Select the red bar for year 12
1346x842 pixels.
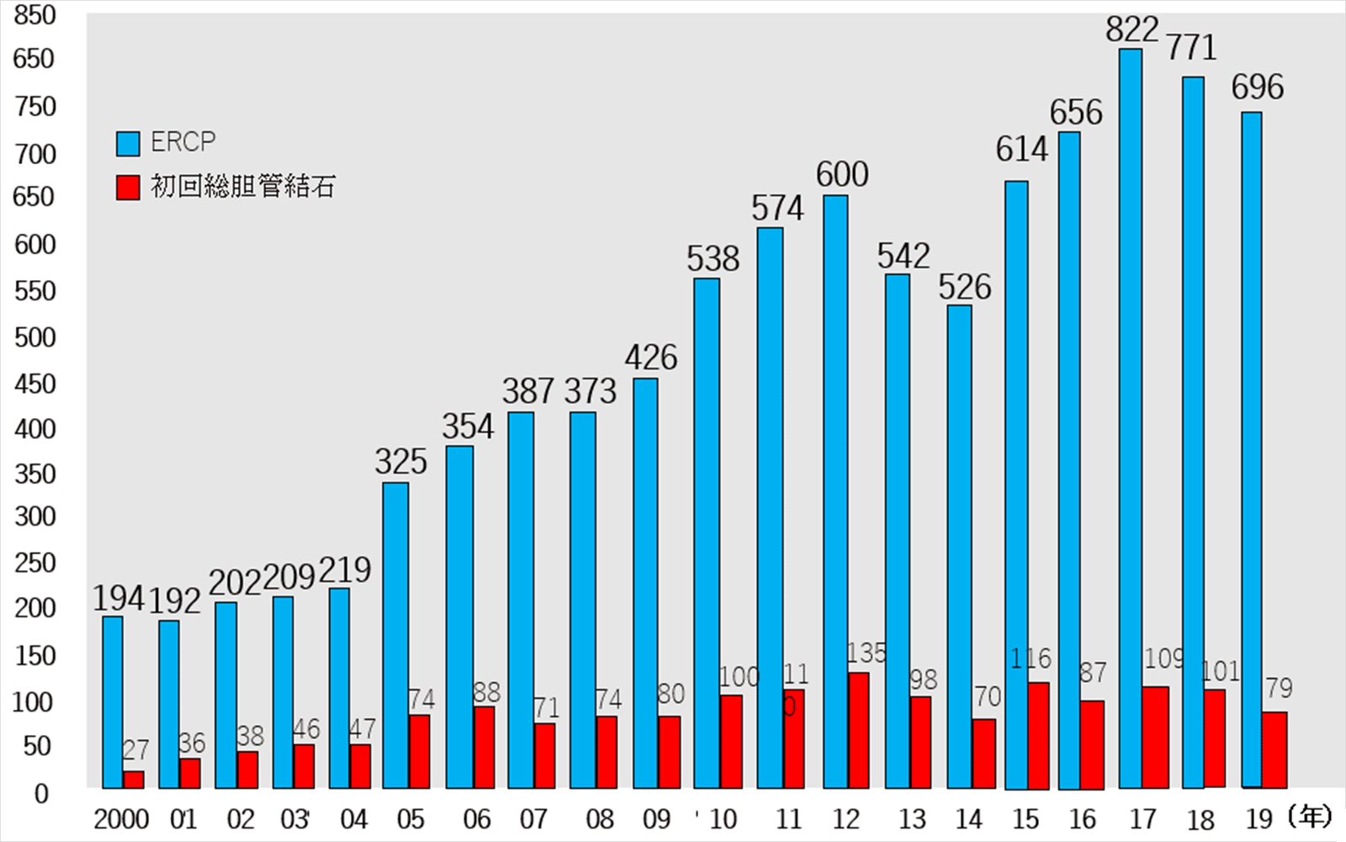(858, 730)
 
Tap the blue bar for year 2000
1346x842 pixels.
(113, 702)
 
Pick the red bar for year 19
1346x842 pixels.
(1274, 749)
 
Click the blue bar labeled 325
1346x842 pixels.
(395, 635)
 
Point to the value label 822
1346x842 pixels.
(1131, 30)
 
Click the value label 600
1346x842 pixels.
(842, 175)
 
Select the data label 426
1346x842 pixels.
(650, 358)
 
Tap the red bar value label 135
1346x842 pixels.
(866, 653)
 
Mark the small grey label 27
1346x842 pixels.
(135, 749)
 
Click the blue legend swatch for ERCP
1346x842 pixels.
(128, 144)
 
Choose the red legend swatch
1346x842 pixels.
(128, 187)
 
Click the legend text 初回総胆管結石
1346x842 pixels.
(243, 187)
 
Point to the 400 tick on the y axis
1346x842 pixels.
(35, 429)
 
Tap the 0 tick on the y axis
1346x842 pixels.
(40, 793)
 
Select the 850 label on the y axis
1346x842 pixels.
(34, 15)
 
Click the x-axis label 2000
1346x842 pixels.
(121, 819)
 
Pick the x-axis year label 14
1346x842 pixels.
(968, 819)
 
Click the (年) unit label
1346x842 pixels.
(1310, 816)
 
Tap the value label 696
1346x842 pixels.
(1258, 87)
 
